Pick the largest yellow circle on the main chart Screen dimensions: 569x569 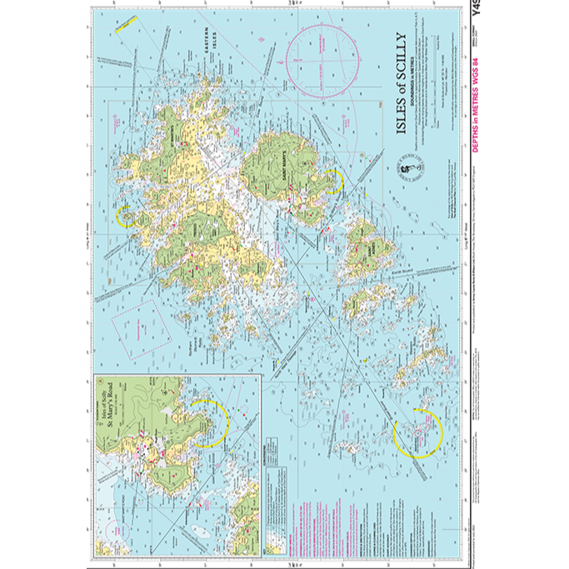point(414,433)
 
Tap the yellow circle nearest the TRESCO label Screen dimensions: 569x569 point(127,217)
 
